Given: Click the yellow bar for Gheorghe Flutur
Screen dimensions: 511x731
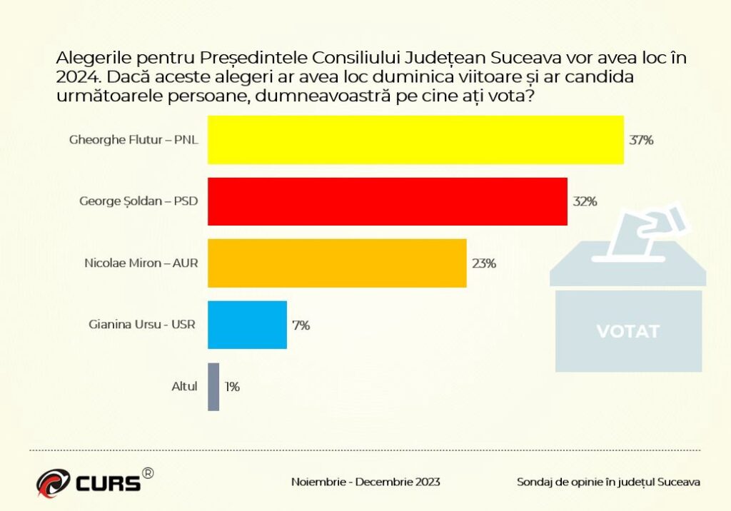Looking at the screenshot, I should (x=415, y=140).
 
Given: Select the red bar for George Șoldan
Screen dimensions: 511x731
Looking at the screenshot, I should (x=388, y=201).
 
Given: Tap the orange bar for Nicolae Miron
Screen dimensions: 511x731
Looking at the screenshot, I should (x=337, y=263).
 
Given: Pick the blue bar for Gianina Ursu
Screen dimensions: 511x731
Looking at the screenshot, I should (x=247, y=325).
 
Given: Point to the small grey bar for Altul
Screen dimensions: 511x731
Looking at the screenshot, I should (x=213, y=387).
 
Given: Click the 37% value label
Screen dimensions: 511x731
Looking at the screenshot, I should (x=641, y=140).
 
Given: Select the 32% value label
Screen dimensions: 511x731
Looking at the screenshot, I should (x=585, y=201).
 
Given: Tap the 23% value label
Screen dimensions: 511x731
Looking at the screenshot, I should (x=483, y=263).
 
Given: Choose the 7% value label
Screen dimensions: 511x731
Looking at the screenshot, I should (x=301, y=325).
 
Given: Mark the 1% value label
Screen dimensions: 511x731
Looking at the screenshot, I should (x=232, y=387).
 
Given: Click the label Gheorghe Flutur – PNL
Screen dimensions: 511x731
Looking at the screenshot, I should (x=133, y=139).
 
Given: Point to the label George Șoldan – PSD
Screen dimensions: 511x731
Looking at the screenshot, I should (x=138, y=201).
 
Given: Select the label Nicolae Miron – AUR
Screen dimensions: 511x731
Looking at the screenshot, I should (x=141, y=263).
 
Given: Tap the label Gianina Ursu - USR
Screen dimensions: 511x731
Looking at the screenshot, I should (x=143, y=325).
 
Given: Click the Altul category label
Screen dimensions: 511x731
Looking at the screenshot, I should (x=184, y=387).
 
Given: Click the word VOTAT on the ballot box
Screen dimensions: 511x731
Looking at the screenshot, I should (x=628, y=331).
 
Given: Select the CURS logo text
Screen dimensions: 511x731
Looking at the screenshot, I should (x=108, y=483).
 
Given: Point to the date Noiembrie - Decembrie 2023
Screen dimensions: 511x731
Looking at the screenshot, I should (x=365, y=482).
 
